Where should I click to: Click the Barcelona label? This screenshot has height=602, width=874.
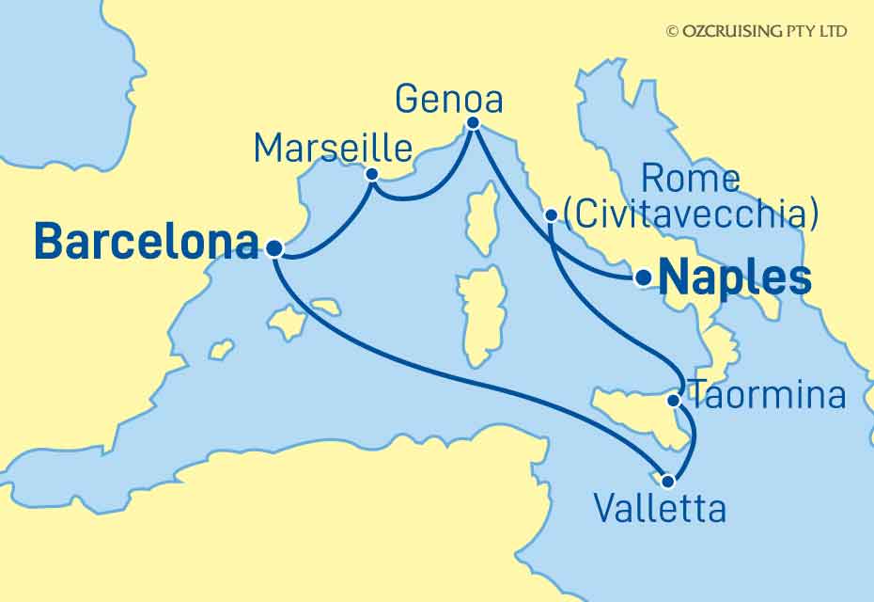(146, 244)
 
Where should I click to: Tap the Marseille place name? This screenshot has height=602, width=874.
(334, 149)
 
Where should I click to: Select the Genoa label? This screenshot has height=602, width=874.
(449, 99)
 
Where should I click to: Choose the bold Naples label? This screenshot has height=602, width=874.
(735, 278)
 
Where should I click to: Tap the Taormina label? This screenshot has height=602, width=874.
(767, 396)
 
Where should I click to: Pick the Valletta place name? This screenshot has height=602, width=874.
(660, 510)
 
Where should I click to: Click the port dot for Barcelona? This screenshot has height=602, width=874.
(273, 249)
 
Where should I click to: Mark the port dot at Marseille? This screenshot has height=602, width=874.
(372, 174)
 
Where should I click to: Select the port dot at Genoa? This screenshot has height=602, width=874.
(473, 123)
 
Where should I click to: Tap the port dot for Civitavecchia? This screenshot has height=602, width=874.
(552, 216)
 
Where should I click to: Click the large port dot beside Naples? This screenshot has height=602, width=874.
(643, 277)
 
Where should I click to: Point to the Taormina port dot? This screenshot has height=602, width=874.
(674, 402)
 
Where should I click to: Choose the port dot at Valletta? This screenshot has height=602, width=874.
(667, 482)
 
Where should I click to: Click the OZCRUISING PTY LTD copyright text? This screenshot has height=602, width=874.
(756, 31)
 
